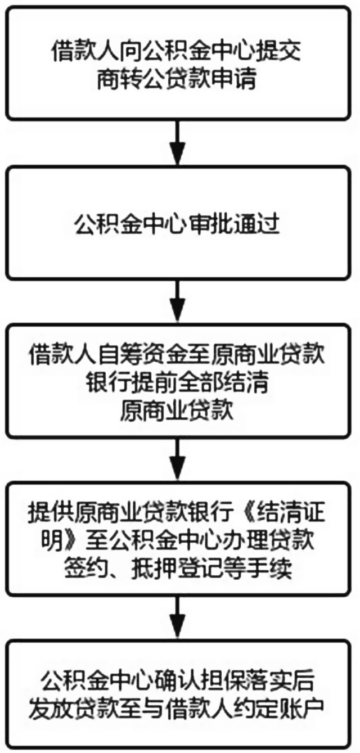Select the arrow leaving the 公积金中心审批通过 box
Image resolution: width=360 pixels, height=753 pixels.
click(178, 300)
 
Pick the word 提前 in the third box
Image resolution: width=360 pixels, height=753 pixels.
click(156, 383)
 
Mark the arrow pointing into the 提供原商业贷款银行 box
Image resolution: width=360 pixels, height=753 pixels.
click(178, 458)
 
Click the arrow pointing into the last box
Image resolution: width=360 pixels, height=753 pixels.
click(178, 617)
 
